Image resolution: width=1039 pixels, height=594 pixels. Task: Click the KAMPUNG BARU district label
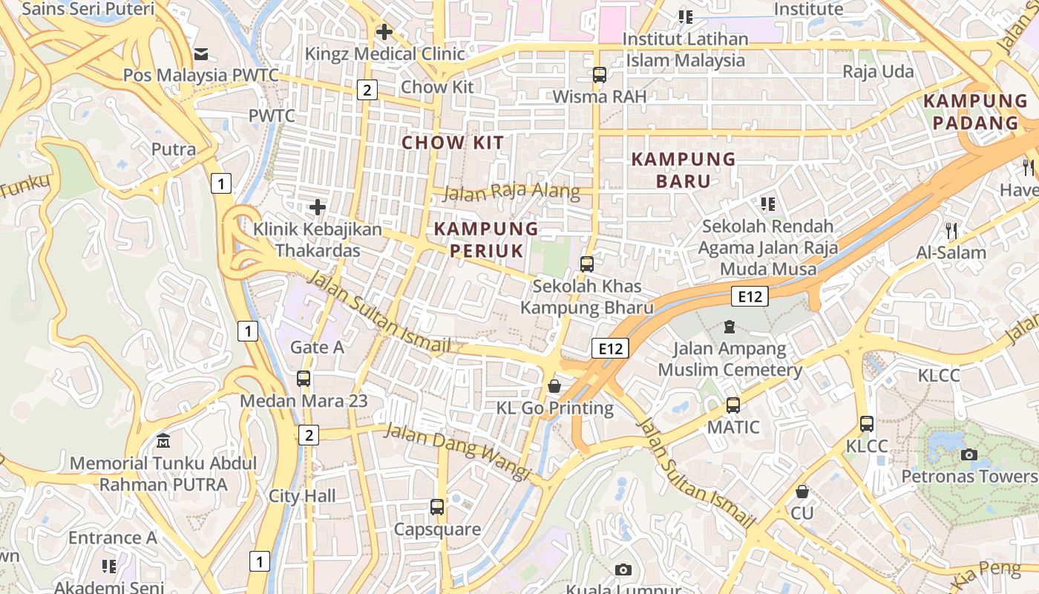[684, 169]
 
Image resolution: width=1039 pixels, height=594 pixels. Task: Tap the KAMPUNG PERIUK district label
[486, 239]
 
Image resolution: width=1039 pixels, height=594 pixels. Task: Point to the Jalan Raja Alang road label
[511, 192]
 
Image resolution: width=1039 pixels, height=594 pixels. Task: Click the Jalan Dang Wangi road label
[458, 451]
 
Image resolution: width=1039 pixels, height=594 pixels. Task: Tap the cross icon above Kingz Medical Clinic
[384, 32]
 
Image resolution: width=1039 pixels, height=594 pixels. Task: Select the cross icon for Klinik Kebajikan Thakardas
[318, 207]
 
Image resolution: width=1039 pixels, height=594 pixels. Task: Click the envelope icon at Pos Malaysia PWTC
[200, 53]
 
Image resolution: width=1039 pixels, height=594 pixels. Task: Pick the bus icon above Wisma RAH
[599, 75]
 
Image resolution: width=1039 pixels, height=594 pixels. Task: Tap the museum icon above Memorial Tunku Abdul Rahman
[163, 441]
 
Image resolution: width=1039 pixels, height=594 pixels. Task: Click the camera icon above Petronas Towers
[968, 454]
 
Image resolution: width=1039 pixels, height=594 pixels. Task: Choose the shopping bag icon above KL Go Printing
[554, 386]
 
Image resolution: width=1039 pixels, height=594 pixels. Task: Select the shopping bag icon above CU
[802, 492]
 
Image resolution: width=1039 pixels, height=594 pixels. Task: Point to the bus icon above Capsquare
[437, 507]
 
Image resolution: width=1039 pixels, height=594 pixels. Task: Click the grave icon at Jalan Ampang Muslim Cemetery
[730, 326]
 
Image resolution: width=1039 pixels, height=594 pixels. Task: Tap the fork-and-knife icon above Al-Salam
[951, 231]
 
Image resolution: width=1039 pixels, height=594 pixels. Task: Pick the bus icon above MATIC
[733, 405]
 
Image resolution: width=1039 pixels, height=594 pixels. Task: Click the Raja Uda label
[878, 72]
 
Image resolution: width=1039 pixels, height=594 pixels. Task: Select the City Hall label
[302, 496]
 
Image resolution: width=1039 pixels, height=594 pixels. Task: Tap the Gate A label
[317, 347]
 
